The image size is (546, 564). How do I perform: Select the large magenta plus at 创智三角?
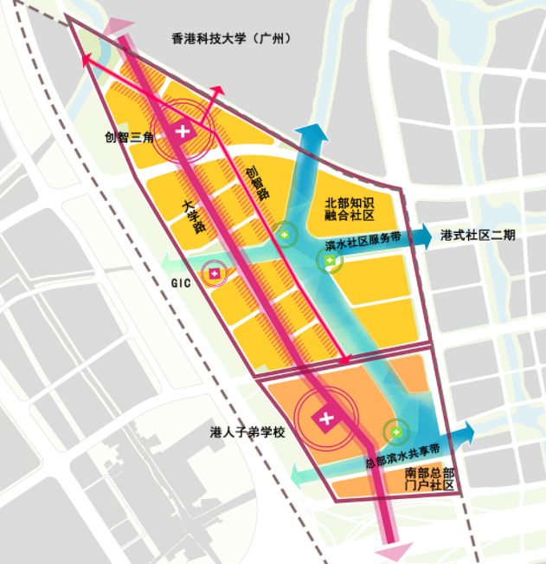point(183,132)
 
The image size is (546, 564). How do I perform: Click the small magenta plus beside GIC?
point(215,274)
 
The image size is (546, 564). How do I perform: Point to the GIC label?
point(180,282)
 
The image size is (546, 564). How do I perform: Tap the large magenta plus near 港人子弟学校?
point(326,419)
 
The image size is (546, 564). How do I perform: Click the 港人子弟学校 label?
point(247,432)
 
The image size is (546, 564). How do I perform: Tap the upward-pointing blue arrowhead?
point(310,133)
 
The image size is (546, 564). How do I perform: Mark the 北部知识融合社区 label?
point(351,208)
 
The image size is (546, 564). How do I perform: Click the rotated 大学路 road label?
point(194,217)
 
